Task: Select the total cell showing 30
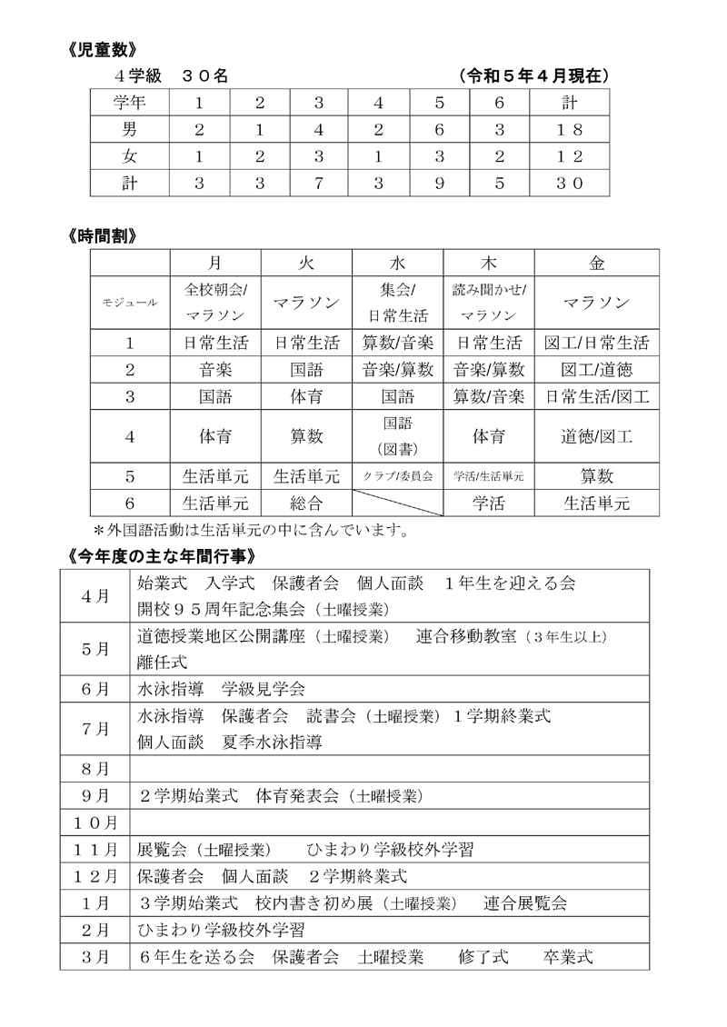point(569,183)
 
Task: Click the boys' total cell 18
point(569,129)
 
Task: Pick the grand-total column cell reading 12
point(569,155)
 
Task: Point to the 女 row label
point(129,155)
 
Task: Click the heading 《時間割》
point(103,235)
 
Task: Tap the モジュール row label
point(129,304)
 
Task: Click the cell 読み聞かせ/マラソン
point(488,304)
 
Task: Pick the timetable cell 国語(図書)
point(397,436)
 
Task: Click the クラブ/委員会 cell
point(397,476)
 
